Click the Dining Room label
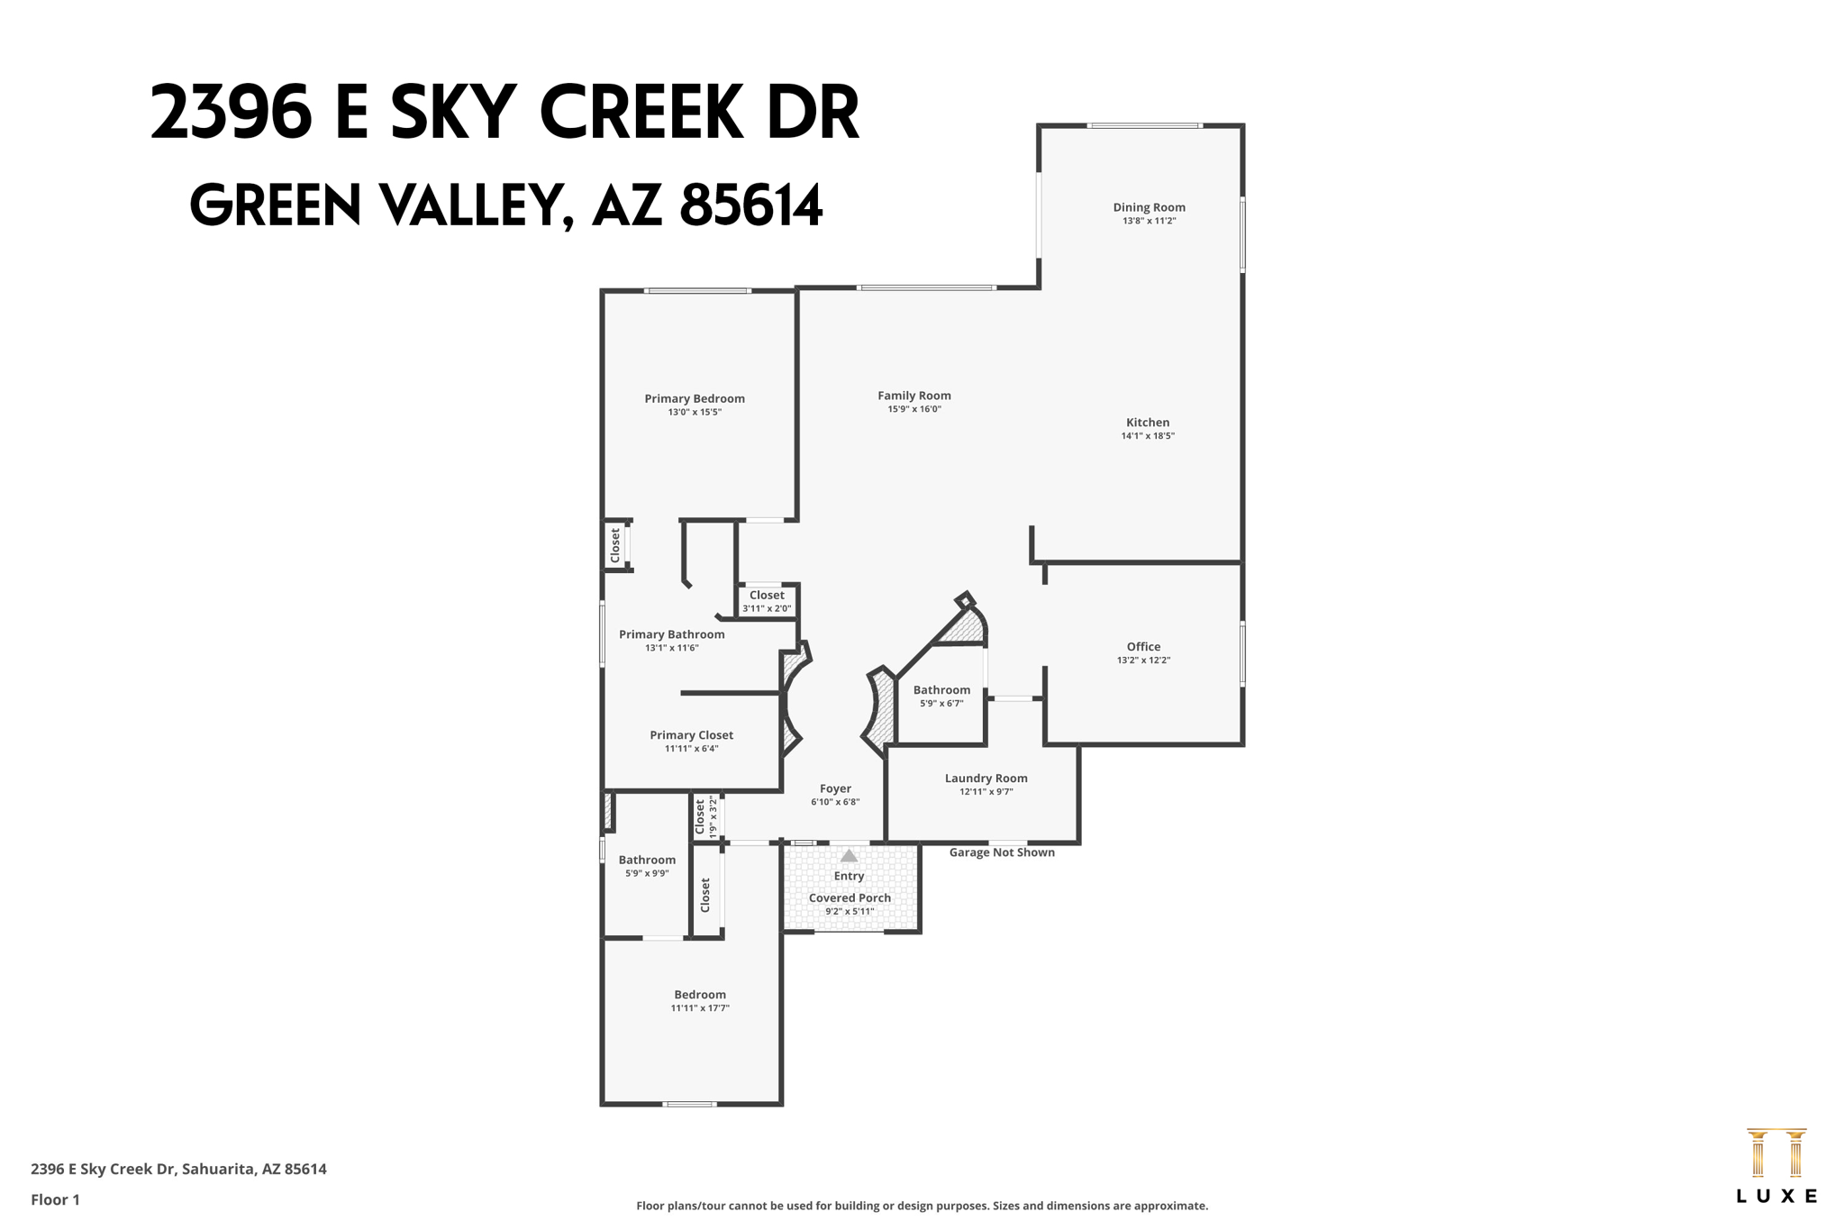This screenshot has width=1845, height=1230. point(1149,207)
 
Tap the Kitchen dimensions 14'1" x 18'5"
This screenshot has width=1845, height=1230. point(1148,436)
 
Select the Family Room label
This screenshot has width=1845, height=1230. point(914,396)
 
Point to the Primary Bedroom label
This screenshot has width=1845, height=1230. point(695,398)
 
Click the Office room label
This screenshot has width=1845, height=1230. point(1143,646)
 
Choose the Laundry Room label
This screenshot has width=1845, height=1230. point(986,778)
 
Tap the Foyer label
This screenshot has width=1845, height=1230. point(835,788)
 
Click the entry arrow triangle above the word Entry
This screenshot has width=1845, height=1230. point(849,856)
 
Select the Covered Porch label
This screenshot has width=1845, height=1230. point(850,897)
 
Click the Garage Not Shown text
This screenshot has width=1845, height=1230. point(1002,852)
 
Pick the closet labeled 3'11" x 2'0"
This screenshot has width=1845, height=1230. point(767,601)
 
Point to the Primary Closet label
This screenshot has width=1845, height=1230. point(691,735)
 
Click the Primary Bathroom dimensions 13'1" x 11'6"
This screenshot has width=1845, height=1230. point(671,648)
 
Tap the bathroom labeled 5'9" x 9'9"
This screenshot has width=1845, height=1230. point(647,865)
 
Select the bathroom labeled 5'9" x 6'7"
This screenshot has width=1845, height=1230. point(941,696)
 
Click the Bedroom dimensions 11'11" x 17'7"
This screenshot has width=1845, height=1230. point(700,1008)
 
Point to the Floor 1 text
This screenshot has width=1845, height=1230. point(55,1199)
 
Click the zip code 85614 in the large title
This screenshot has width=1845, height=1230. point(750,205)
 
